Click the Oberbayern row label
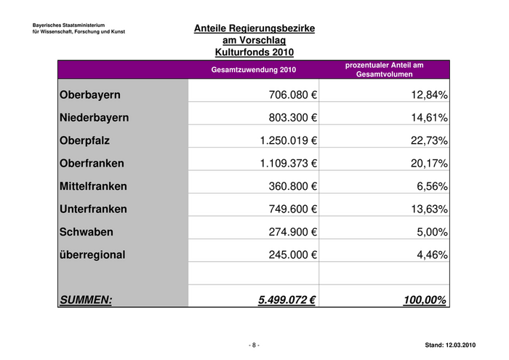coord(90,95)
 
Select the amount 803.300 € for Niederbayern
coord(293,118)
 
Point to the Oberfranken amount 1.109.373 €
coord(289,164)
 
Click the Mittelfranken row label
coord(93,186)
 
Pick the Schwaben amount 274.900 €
coord(293,232)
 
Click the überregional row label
coord(92,255)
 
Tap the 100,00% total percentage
coord(425,298)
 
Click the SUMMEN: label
coord(86,298)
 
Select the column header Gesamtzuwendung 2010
coord(254,70)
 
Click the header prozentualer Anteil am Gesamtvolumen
coord(384,70)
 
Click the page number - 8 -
coord(254,345)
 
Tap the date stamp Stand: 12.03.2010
coord(449,345)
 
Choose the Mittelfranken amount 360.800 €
coord(293,186)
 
